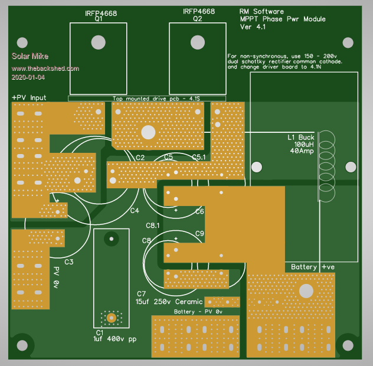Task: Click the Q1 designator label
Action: (98, 19)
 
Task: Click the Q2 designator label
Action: (198, 19)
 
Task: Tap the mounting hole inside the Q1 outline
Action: (98, 42)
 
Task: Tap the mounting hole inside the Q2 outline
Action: (197, 42)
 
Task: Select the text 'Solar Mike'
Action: (27, 57)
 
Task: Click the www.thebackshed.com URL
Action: (45, 68)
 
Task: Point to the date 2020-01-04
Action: (28, 77)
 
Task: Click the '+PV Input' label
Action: (29, 97)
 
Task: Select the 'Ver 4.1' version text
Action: (253, 27)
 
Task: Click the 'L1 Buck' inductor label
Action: (301, 137)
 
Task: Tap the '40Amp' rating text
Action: (302, 152)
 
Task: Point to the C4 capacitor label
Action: (135, 211)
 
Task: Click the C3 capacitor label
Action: (68, 262)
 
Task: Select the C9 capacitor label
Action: (199, 234)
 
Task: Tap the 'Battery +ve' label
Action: (312, 267)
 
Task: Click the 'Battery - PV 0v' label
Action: (198, 311)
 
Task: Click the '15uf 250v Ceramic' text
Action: (165, 302)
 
